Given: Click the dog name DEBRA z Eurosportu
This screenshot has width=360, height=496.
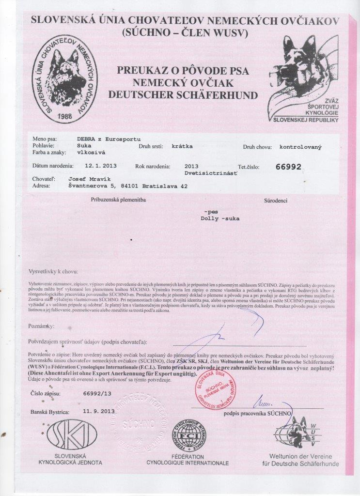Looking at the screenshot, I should point(106,138).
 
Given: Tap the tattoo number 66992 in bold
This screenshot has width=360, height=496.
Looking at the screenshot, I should point(288,167).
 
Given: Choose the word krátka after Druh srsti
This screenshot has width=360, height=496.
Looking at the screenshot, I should point(182,145).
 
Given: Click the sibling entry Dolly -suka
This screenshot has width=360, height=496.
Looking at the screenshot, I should point(219,218).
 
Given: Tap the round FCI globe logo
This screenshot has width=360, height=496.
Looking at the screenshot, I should point(188,434).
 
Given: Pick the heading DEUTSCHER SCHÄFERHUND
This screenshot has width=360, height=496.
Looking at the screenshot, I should point(183,95).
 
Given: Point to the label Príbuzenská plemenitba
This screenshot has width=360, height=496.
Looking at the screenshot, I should point(118,200).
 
